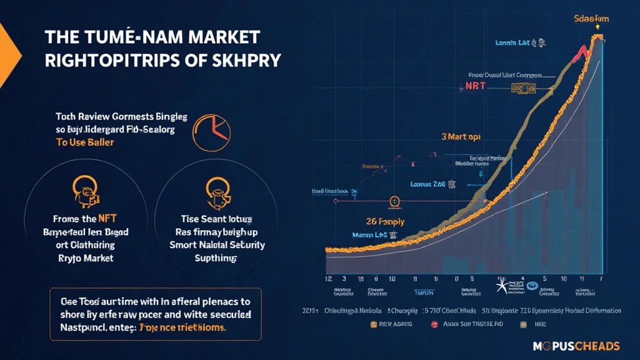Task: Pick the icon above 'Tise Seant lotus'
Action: click(214, 190)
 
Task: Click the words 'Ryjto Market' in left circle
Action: click(82, 257)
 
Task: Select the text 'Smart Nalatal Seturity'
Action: click(217, 244)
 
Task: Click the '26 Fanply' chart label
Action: click(384, 221)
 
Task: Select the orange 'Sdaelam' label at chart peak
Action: click(591, 19)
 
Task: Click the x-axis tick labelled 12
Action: click(328, 279)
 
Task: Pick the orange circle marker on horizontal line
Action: click(394, 201)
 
